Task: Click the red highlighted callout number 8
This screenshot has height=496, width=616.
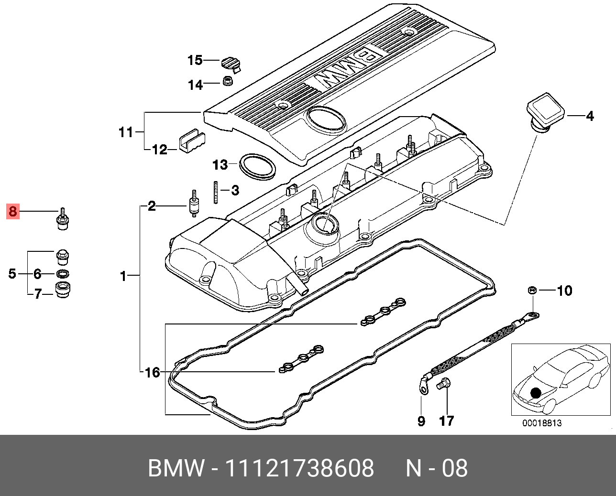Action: click(12, 211)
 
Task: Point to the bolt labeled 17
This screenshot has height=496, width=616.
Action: click(443, 383)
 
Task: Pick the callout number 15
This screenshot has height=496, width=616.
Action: click(195, 60)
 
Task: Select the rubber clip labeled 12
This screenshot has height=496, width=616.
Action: click(191, 141)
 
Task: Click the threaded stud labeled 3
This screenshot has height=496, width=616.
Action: click(216, 192)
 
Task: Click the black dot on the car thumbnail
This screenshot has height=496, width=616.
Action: click(536, 393)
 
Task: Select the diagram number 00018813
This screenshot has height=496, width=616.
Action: click(542, 423)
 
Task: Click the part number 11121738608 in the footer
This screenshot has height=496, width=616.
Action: click(299, 468)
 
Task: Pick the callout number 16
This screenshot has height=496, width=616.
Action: click(152, 372)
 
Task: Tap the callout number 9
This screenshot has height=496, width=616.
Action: click(421, 421)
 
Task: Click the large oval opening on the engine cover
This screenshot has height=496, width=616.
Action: click(327, 119)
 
